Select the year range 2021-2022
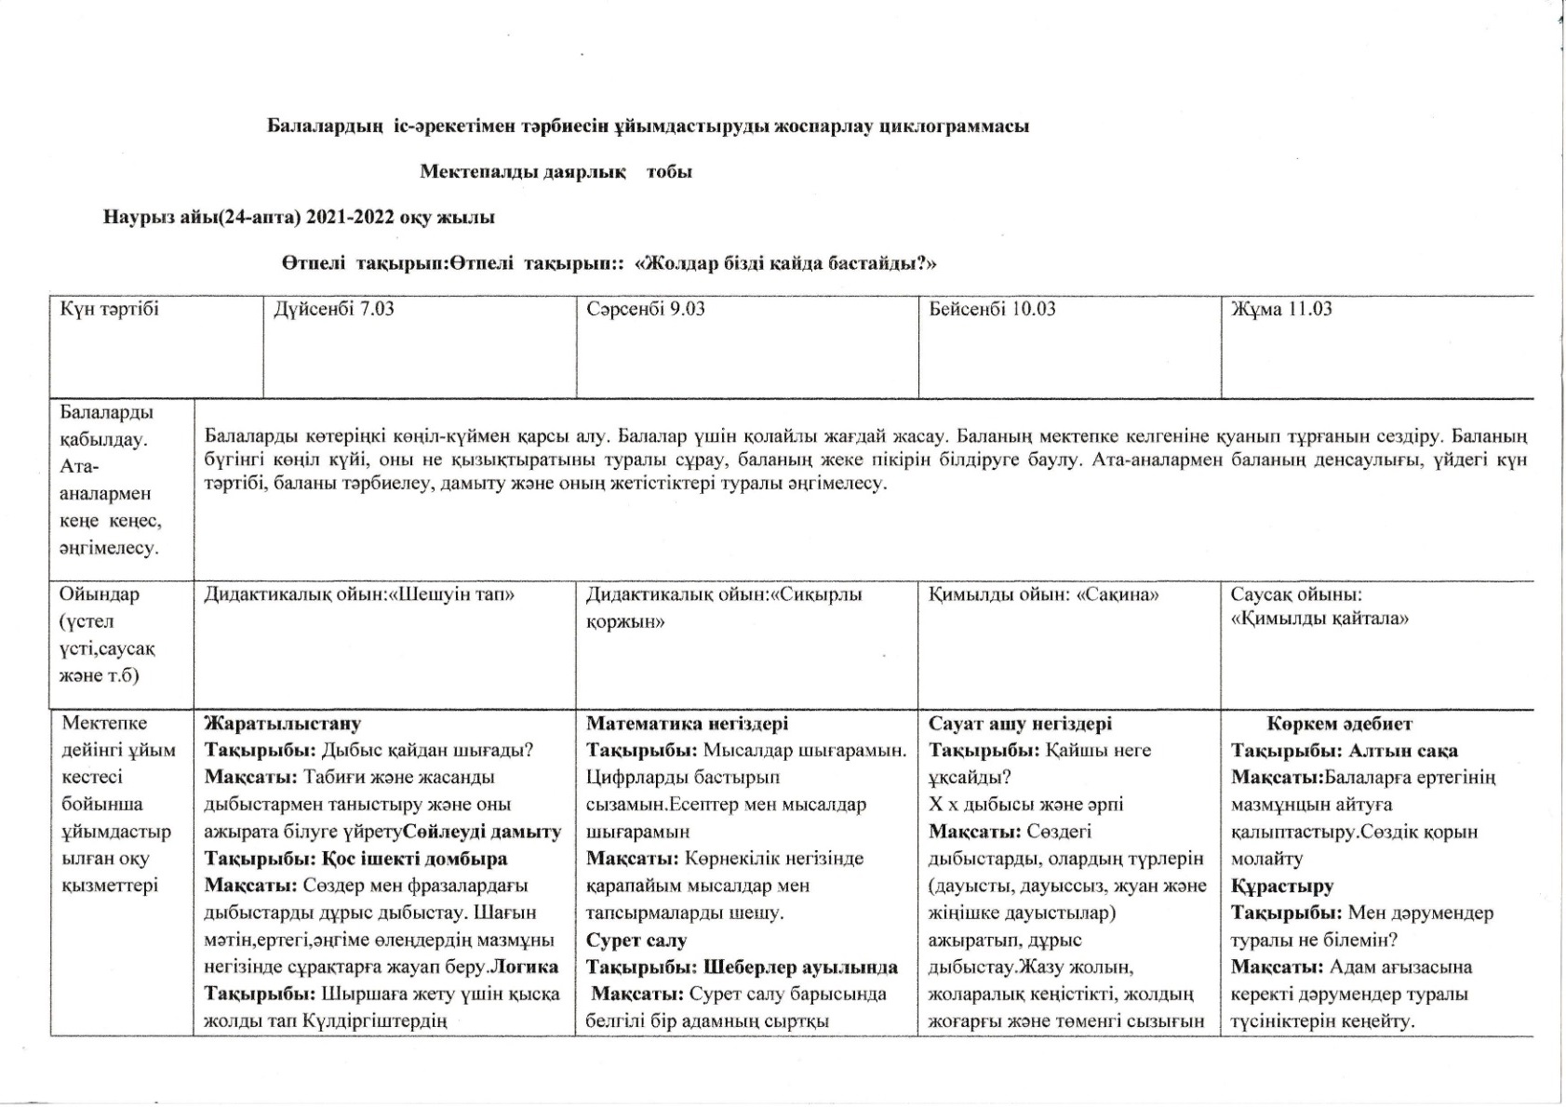pos(350,218)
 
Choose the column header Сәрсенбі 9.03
pos(645,309)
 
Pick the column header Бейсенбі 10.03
pos(992,309)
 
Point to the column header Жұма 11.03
pos(1281,309)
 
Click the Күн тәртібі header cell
pos(109,309)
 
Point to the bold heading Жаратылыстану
pos(282,724)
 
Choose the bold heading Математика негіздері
pos(687,724)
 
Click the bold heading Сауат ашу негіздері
pos(1020,724)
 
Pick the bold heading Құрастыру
pos(1282,887)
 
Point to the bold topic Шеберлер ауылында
pos(800,967)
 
